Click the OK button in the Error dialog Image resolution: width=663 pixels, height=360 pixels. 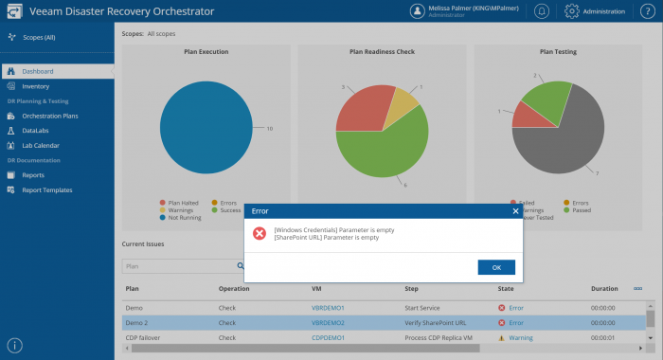496,267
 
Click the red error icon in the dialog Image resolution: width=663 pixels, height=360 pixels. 259,232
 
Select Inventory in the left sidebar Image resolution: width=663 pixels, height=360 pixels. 36,86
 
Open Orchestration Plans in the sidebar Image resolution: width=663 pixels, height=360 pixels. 49,116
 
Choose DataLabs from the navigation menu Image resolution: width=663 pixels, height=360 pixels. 37,131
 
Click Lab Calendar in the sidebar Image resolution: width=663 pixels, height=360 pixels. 42,145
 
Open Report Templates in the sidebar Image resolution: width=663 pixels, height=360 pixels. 47,189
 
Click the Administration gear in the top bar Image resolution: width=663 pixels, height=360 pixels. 572,11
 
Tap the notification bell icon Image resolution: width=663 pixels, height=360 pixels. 541,11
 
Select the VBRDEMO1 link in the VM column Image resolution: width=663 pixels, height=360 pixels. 328,308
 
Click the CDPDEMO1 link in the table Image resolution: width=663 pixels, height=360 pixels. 328,336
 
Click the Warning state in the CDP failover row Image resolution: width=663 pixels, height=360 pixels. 521,336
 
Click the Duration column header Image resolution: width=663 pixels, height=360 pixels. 604,288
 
